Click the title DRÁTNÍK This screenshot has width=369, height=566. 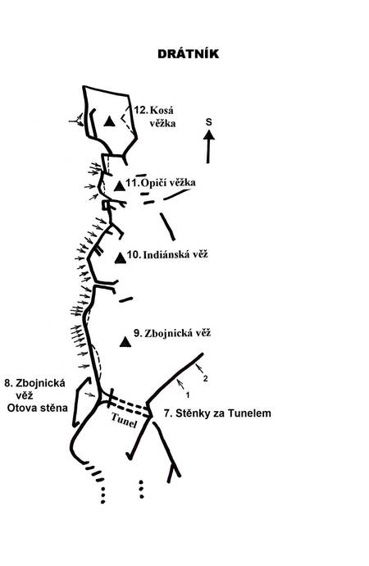(x=188, y=54)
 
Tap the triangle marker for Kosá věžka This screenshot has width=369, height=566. (x=109, y=121)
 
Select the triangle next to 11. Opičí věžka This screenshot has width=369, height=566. (x=120, y=186)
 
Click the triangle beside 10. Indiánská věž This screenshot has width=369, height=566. (x=121, y=258)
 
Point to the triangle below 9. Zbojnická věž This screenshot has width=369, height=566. (x=125, y=342)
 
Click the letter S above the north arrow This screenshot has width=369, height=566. (x=209, y=122)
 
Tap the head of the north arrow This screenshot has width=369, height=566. (x=208, y=135)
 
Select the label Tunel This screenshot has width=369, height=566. (x=125, y=420)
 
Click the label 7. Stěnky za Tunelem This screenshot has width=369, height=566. (x=217, y=413)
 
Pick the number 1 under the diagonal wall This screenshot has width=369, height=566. (x=188, y=395)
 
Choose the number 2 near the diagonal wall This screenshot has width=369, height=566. (x=205, y=379)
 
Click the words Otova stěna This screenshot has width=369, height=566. (x=38, y=408)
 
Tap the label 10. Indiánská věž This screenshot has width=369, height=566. (x=168, y=254)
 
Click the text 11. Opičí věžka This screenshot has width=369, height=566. (x=161, y=183)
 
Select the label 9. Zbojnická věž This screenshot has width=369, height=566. (x=172, y=333)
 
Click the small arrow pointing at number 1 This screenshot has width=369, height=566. (x=180, y=384)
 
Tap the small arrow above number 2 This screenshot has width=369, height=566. (x=198, y=368)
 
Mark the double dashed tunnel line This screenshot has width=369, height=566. (x=130, y=407)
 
